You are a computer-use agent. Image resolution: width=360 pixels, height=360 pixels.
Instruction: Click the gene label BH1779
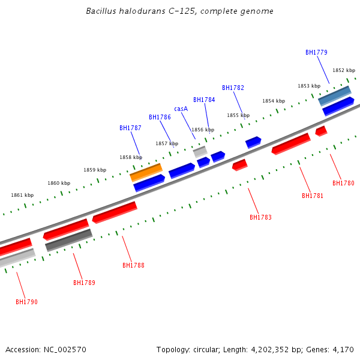click(x=316, y=52)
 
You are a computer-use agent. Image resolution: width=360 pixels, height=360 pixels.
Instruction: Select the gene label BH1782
click(x=233, y=88)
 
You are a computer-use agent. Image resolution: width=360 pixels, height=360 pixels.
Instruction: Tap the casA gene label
click(x=181, y=109)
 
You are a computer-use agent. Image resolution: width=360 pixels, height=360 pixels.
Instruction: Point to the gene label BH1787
click(x=130, y=128)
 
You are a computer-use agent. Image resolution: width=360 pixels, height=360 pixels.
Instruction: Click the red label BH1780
click(x=343, y=184)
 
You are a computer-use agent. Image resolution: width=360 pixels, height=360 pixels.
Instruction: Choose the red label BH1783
click(x=260, y=217)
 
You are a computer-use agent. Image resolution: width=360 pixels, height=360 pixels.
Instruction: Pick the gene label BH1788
click(x=133, y=265)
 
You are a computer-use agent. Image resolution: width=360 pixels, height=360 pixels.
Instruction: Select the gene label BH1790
click(x=26, y=302)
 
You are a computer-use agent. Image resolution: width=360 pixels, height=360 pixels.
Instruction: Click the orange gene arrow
click(x=146, y=172)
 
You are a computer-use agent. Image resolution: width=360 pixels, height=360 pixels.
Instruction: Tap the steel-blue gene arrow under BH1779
click(x=334, y=95)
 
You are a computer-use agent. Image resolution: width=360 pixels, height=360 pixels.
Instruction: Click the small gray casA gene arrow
click(x=200, y=151)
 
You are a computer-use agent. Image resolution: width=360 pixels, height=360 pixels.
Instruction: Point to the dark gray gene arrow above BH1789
click(x=68, y=239)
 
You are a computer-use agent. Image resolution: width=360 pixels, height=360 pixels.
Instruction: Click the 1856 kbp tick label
click(x=202, y=130)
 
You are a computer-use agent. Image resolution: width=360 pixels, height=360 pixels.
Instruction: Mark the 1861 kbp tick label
click(x=22, y=195)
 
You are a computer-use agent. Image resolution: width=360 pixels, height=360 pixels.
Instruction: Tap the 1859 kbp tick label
click(x=95, y=170)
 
